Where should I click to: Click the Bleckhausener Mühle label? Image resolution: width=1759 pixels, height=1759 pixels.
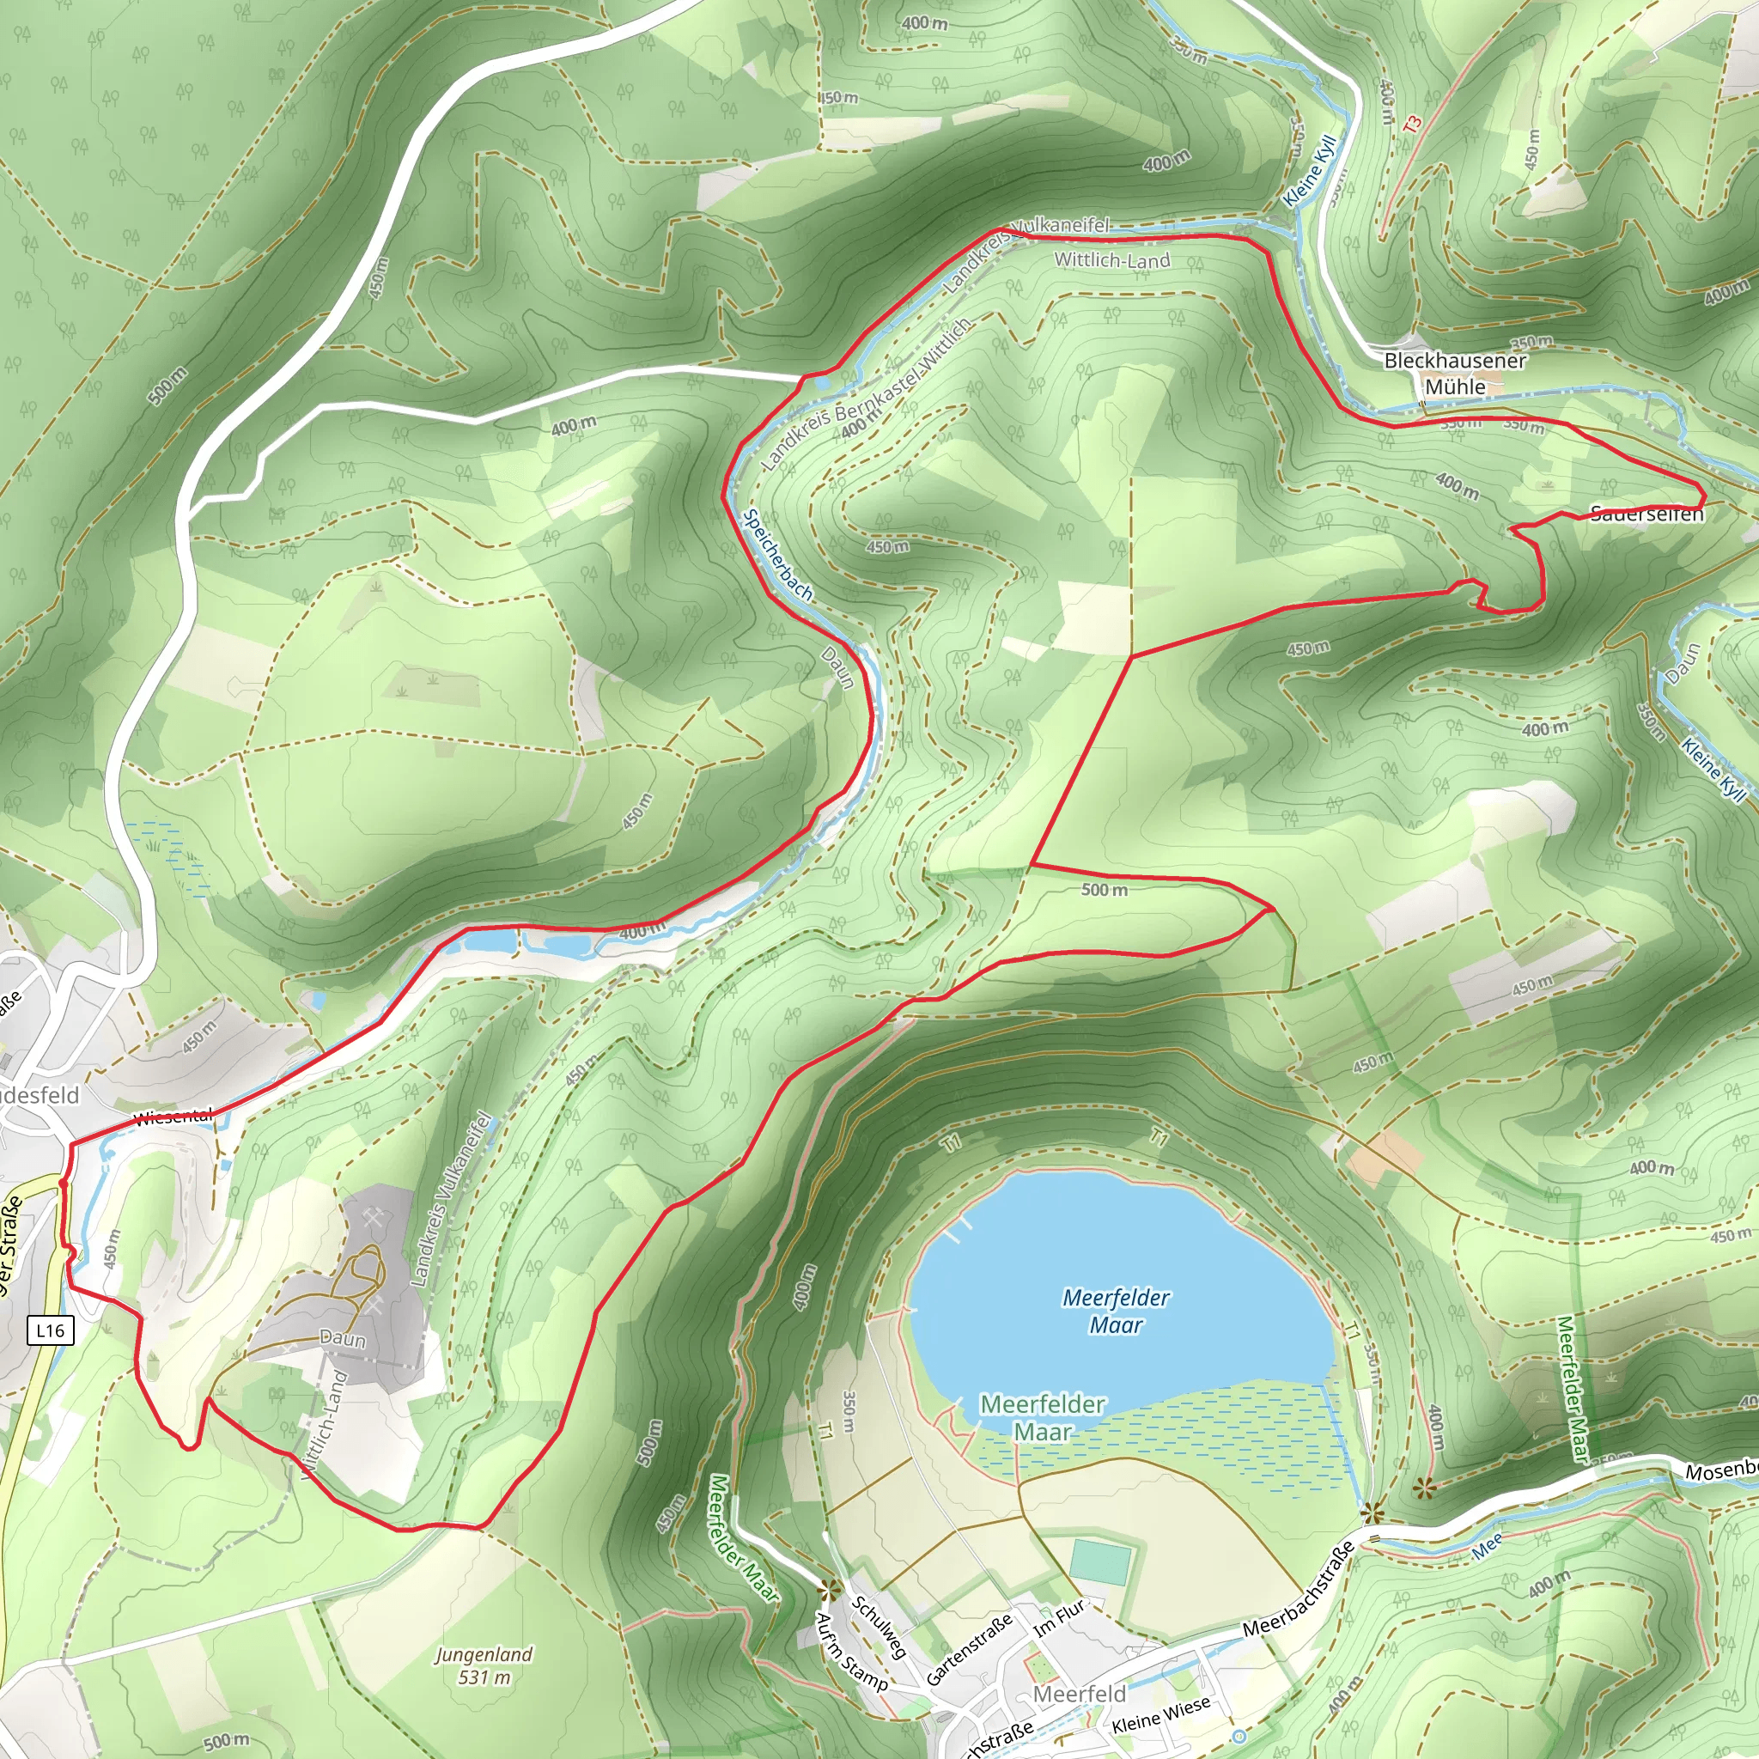click(x=1454, y=374)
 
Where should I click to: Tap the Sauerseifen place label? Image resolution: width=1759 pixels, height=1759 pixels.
click(x=1646, y=514)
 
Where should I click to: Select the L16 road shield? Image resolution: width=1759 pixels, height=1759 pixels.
click(x=50, y=1330)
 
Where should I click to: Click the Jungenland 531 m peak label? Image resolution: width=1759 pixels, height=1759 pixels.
click(x=484, y=1665)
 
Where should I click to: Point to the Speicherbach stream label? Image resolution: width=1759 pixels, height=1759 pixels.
click(x=777, y=555)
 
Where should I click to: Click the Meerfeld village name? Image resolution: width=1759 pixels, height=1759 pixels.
click(x=1080, y=1694)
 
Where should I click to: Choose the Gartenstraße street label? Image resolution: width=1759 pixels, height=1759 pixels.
click(x=969, y=1649)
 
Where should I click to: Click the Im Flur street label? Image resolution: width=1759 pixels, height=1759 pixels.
click(x=1060, y=1617)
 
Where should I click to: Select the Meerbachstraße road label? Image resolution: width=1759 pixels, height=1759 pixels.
click(x=1299, y=1590)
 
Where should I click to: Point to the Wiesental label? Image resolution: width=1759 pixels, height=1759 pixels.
click(x=173, y=1117)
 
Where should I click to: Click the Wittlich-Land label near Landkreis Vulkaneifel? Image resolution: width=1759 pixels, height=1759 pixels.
click(x=1111, y=260)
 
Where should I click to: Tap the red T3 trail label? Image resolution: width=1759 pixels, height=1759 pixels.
click(x=1412, y=124)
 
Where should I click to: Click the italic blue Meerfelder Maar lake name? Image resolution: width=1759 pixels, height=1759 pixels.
click(x=1117, y=1310)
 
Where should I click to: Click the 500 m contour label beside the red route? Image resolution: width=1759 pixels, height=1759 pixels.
click(x=1104, y=890)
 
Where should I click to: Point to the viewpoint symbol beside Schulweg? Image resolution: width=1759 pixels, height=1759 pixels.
click(x=830, y=1591)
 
